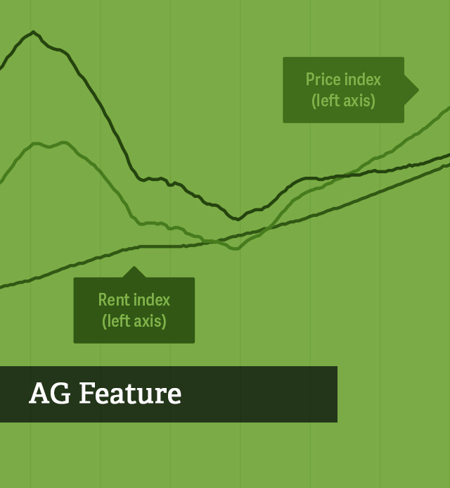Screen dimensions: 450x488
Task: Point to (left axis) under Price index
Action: pos(343,101)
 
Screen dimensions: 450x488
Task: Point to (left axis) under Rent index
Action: pos(134,321)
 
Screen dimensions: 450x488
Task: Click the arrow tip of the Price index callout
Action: pos(418,90)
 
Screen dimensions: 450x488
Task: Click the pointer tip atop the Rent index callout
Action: pos(134,266)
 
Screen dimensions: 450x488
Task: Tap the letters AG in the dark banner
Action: pos(50,394)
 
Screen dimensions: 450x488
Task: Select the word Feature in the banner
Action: pos(130,394)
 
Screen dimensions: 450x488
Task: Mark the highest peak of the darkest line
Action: pos(33,32)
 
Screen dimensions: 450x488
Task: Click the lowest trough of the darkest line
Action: pos(238,220)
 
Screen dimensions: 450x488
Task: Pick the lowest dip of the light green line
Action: pos(236,249)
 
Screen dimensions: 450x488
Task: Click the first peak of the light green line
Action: pos(36,143)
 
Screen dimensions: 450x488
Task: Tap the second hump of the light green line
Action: pos(64,142)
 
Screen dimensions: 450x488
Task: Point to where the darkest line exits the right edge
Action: pos(449,154)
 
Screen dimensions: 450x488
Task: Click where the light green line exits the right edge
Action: pos(449,107)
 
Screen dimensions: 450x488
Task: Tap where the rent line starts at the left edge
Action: pos(1,287)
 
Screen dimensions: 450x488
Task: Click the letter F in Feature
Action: pos(86,394)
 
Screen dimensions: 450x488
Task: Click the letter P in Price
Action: pos(310,80)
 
